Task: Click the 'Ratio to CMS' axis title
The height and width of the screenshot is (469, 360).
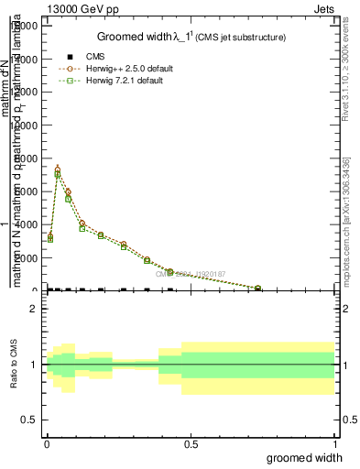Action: [15, 365]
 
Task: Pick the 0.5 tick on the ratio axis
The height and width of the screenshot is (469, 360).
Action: [28, 420]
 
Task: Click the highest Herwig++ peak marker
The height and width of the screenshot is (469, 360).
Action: [58, 169]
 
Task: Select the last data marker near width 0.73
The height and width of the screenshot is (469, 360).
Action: [257, 289]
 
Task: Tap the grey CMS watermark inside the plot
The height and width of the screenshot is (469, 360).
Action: [191, 273]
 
